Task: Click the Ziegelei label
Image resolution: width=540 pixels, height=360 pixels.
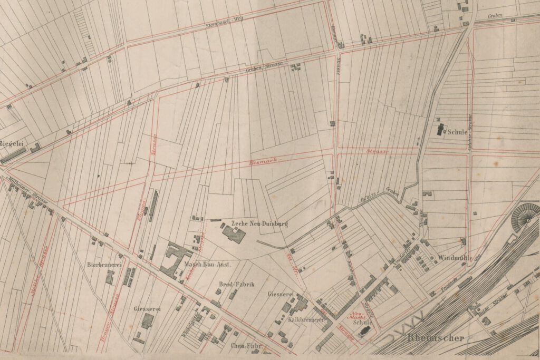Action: coord(11,143)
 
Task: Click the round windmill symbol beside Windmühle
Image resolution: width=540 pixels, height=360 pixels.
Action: coord(432,258)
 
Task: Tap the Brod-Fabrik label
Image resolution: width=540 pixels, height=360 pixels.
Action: coord(236,284)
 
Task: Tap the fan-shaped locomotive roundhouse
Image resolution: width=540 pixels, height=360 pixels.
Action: coord(525,216)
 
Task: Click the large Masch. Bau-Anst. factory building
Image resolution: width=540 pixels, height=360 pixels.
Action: coord(171,259)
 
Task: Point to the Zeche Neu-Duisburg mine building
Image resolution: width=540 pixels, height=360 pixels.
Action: coord(233,232)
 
